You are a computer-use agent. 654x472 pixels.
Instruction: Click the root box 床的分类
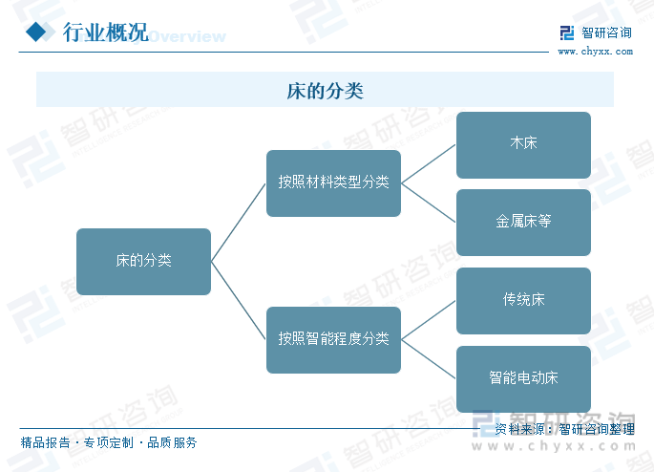143,262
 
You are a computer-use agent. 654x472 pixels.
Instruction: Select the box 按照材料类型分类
333,183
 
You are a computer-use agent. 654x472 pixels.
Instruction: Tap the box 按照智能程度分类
333,340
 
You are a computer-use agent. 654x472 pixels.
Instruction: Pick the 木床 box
523,145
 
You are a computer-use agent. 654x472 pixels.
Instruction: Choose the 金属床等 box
523,223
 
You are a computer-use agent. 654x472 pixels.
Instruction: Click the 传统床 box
523,301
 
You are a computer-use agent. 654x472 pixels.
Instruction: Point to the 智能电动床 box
523,379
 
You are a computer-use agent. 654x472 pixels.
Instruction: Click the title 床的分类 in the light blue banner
325,91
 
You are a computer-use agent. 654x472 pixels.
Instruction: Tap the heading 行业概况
106,32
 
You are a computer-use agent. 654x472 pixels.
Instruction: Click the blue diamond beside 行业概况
36,32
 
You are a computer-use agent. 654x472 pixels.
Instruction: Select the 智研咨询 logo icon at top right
567,33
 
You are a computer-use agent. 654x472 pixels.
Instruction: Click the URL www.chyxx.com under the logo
595,52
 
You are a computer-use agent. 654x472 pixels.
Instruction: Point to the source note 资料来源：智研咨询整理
565,429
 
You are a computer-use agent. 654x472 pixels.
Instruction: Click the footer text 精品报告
46,442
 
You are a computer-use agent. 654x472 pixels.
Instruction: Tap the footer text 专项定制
109,442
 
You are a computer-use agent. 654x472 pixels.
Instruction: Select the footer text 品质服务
172,442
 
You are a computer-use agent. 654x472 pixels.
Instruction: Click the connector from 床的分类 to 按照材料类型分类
239,223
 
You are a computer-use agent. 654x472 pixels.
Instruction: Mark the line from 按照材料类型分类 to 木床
429,164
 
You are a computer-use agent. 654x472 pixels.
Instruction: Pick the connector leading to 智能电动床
429,359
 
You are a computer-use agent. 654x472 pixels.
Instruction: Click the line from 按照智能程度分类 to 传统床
429,320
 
